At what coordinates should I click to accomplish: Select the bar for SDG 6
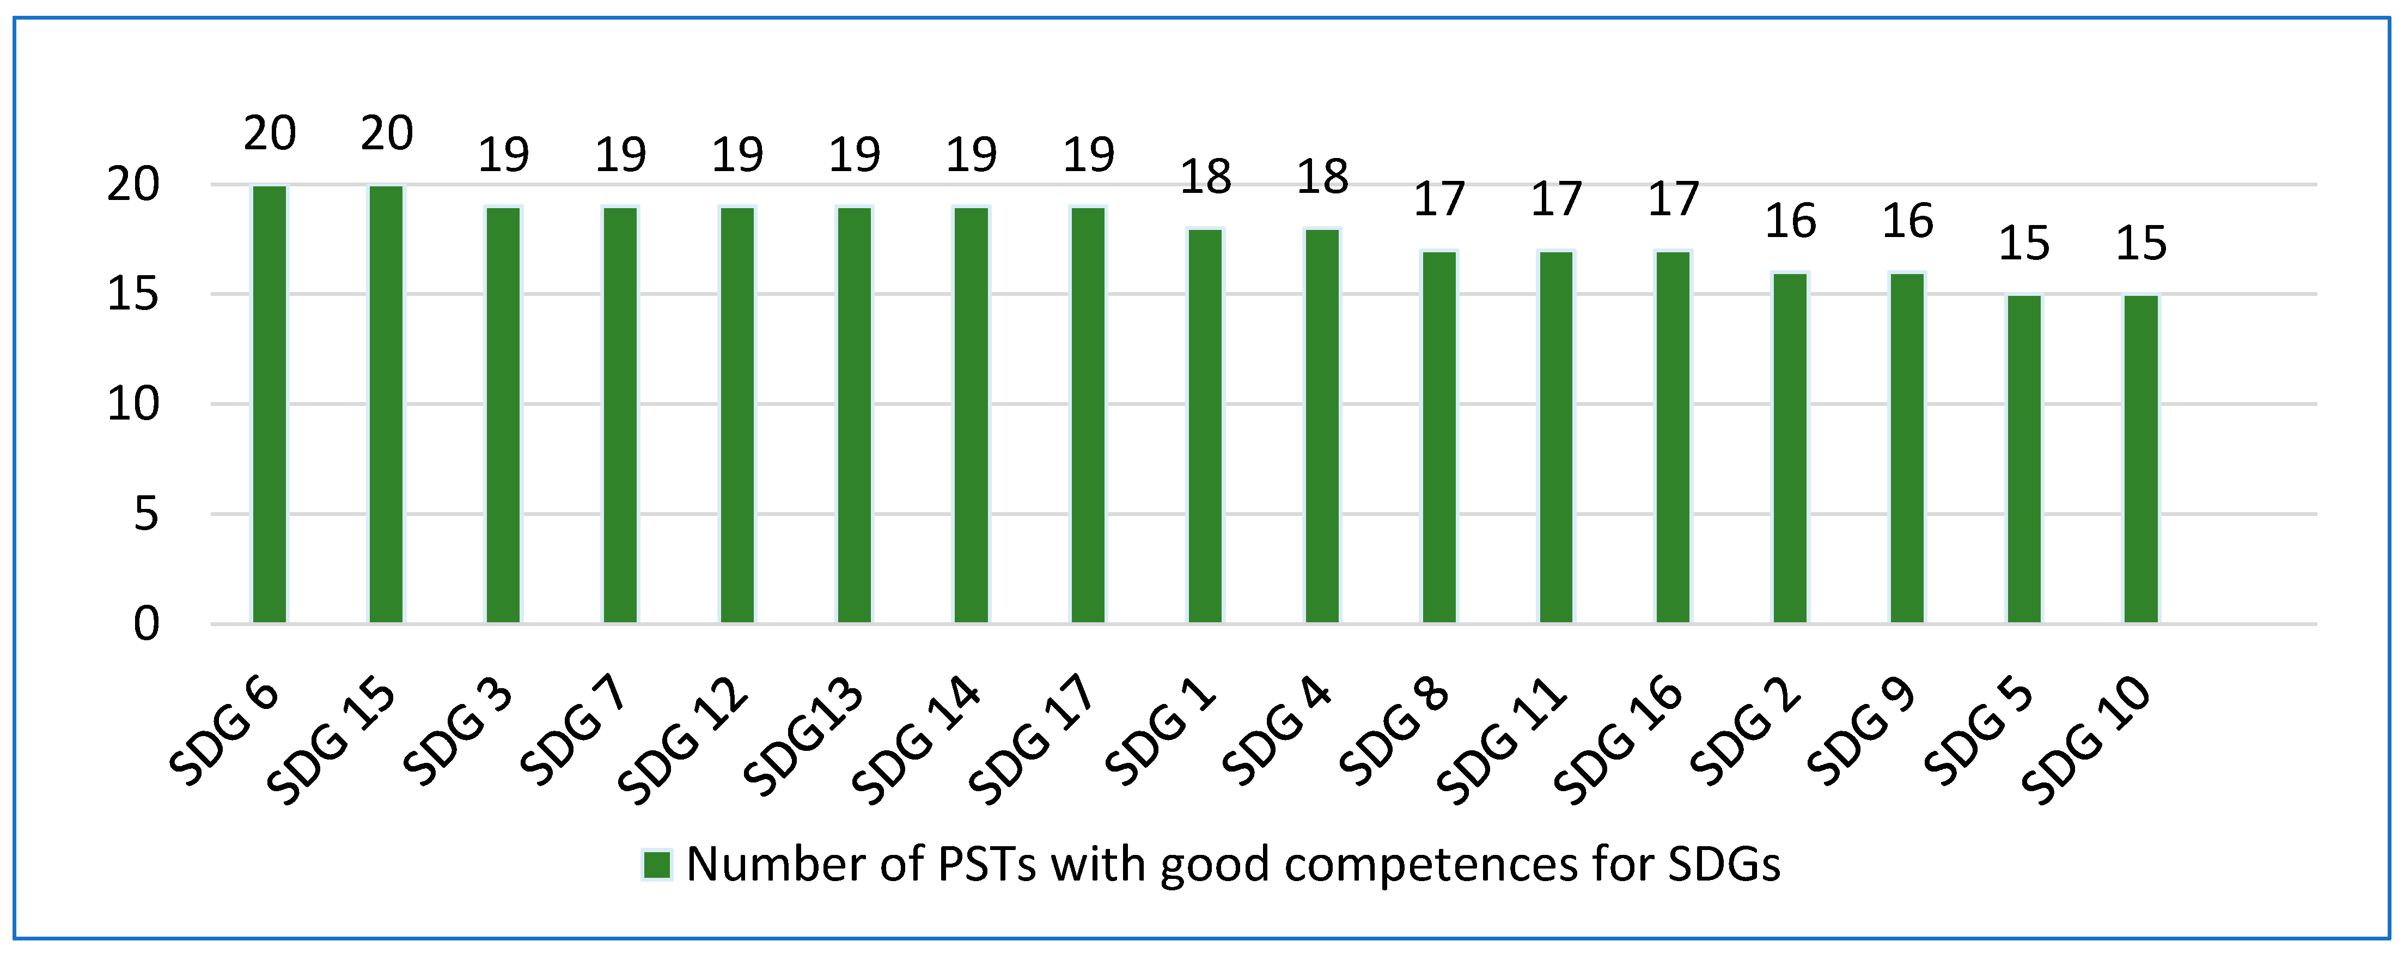coord(270,404)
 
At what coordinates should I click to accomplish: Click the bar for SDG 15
coord(386,404)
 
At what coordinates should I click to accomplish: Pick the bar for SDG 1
coord(1205,426)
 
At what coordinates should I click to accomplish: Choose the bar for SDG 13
coord(854,415)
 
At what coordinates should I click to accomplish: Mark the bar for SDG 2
coord(1790,448)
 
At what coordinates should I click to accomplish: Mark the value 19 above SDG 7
coord(620,155)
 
